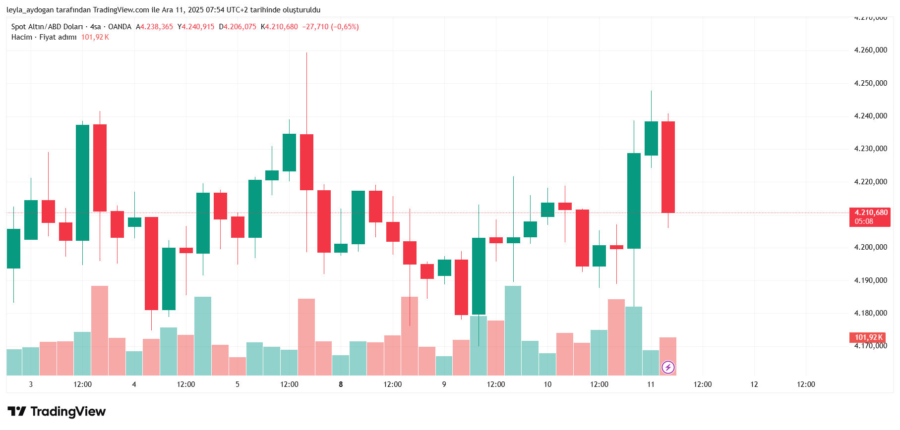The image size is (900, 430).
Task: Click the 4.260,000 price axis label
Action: coord(870,50)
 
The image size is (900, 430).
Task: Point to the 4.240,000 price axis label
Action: coord(870,116)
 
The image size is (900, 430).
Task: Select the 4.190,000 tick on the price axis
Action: coord(870,280)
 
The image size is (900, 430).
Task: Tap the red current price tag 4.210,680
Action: coord(871,213)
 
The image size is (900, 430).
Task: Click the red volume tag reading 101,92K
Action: coord(868,337)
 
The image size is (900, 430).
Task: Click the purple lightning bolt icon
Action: coord(668,367)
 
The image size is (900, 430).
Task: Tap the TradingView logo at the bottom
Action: coord(57,412)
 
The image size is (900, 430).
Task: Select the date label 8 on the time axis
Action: coord(341,384)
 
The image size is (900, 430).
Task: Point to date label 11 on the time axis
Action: coord(651,384)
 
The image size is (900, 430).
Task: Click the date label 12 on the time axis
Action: coord(754,384)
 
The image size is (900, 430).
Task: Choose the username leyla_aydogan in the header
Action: coord(30,10)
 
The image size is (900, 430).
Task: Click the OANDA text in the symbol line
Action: coord(120,27)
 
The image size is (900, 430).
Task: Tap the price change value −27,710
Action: coord(315,27)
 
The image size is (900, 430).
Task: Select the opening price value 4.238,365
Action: coord(157,27)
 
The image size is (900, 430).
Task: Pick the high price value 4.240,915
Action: coord(198,27)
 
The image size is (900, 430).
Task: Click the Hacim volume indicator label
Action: coord(22,37)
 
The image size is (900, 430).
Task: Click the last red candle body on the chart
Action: coord(668,167)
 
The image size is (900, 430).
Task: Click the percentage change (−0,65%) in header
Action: coord(345,27)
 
